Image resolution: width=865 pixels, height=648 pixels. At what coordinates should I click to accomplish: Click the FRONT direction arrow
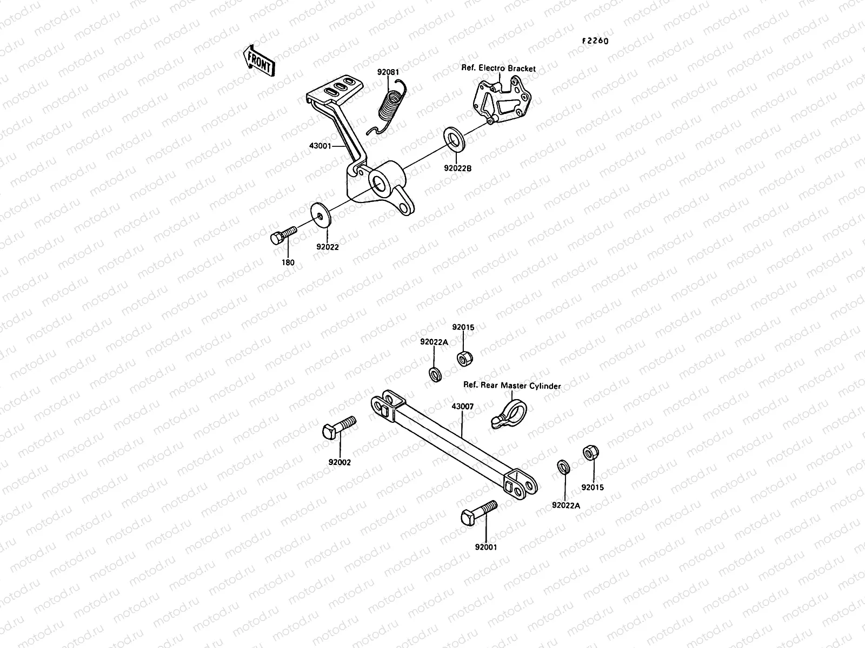tap(259, 60)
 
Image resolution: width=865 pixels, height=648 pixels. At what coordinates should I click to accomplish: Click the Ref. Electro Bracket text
tap(498, 69)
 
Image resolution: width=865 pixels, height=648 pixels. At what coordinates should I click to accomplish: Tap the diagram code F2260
tap(595, 41)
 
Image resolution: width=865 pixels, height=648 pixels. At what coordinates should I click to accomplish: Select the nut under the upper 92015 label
tap(463, 358)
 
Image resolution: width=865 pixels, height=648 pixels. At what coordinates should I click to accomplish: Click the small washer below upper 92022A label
tap(434, 373)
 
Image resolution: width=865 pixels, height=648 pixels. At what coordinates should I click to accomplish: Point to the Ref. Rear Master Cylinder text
tap(511, 386)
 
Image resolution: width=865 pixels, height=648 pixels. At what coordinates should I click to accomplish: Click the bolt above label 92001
tap(479, 511)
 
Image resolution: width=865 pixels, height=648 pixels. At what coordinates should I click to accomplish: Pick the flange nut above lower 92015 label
tap(589, 453)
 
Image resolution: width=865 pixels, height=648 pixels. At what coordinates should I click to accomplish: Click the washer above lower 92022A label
tap(563, 466)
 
